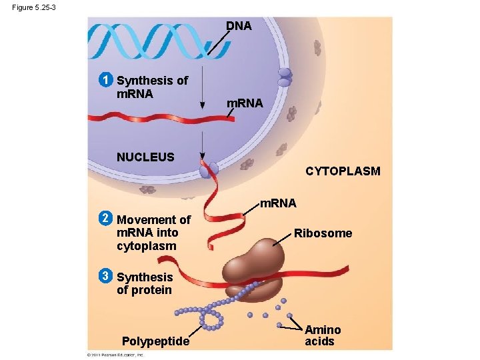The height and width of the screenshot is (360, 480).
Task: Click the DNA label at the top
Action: coord(239,26)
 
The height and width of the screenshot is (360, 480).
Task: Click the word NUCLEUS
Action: coord(145,157)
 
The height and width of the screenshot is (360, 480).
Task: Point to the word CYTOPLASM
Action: coord(343,171)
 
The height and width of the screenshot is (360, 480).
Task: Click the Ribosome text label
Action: coord(324,233)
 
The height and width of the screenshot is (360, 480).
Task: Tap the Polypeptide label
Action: coord(156,341)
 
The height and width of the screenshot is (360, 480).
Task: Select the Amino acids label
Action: coord(323,335)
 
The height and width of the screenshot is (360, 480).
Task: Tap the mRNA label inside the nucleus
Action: coord(245,103)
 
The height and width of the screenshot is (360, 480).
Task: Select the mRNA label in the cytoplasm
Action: coord(278,202)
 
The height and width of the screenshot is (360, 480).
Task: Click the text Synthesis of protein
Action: coord(144,283)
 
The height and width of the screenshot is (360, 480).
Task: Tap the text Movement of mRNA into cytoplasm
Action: coord(153,233)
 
